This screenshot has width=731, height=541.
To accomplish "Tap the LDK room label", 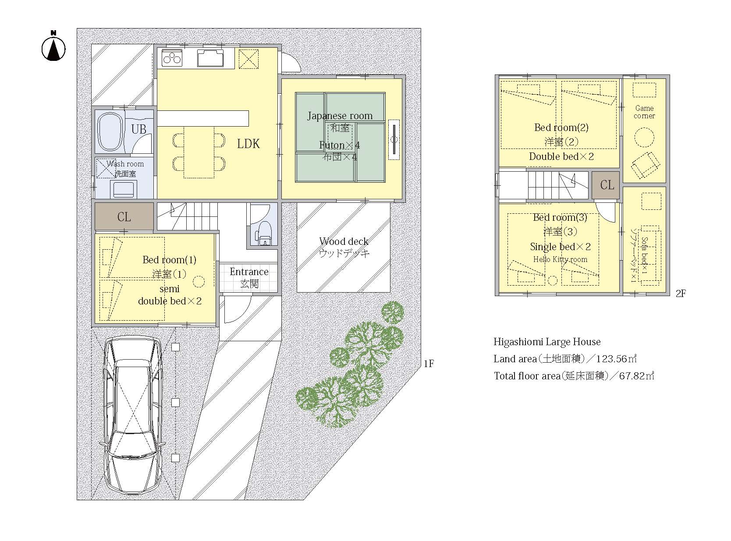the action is tap(248, 144).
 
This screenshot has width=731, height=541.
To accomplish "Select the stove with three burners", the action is tap(172, 58).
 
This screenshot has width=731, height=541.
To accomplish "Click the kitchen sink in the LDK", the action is tap(210, 58).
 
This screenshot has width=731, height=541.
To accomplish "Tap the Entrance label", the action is tap(249, 272).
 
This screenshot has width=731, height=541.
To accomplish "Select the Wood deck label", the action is tap(344, 241).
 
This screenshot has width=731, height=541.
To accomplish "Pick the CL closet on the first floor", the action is tap(124, 217).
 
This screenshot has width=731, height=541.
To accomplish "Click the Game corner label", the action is tap(644, 112).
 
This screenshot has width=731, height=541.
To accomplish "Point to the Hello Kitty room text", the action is tap(560, 259).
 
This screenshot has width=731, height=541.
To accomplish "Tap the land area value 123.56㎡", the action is tap(616, 359).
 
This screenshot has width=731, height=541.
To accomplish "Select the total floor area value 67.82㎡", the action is tap(637, 376).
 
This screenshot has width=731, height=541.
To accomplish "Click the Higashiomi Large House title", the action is tap(547, 342).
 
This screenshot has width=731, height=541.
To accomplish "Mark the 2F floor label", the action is tap(681, 293).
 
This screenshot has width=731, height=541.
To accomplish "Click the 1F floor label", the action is tap(429, 364).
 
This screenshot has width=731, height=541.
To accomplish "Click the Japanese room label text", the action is tap(340, 116).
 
